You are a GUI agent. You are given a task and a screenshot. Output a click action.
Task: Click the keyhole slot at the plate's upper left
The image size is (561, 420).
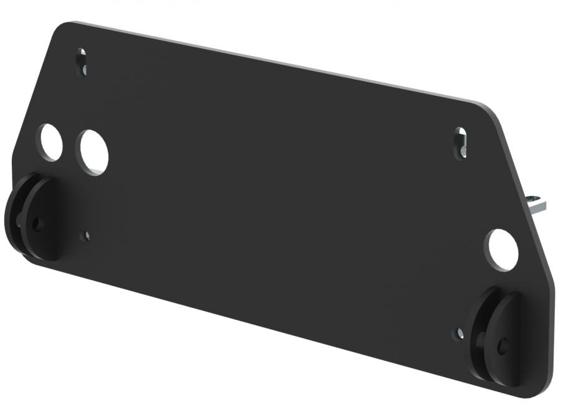[82, 62]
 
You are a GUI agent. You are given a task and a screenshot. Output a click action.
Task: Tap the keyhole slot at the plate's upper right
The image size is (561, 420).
[460, 142]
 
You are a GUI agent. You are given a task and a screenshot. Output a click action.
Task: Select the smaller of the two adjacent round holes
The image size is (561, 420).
[50, 142]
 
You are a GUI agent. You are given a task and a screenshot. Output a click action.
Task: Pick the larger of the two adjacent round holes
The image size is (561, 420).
[93, 152]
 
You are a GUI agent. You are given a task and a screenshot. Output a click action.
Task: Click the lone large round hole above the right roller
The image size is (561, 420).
[502, 250]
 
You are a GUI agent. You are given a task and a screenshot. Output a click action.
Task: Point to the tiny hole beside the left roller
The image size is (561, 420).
[86, 236]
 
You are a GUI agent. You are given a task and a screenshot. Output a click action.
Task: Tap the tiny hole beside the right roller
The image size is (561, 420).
[459, 334]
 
